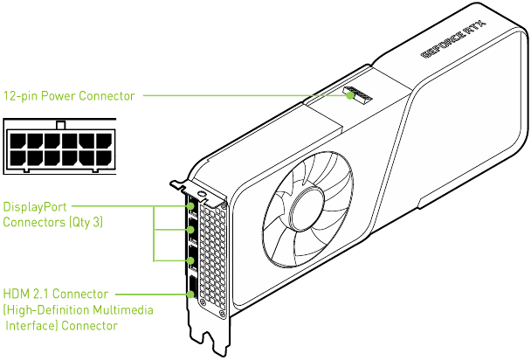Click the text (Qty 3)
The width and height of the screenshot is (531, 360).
point(85,223)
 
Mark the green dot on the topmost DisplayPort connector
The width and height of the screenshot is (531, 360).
point(191,208)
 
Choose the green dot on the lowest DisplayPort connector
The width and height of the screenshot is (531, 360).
point(191,260)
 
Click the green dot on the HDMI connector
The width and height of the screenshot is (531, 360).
point(191,294)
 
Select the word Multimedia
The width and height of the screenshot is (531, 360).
point(126,310)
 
